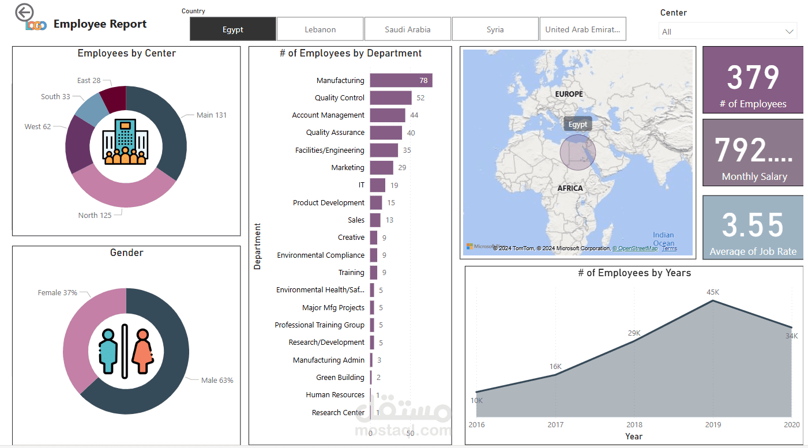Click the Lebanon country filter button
[x=320, y=29]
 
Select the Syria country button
[x=495, y=29]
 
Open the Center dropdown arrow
[x=789, y=32]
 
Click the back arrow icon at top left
[x=24, y=12]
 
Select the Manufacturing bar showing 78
[x=401, y=81]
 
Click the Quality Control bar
[x=390, y=98]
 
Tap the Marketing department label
[x=348, y=168]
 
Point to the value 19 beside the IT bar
[x=394, y=186]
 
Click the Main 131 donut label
[x=212, y=115]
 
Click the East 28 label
[x=89, y=81]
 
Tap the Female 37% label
[x=58, y=293]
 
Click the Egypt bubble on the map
[x=577, y=152]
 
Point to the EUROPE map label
[x=569, y=94]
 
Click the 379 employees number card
[x=753, y=78]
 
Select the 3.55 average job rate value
[x=753, y=225]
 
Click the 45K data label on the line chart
[x=713, y=292]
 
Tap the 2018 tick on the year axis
[x=634, y=425]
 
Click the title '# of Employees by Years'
[x=634, y=273]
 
